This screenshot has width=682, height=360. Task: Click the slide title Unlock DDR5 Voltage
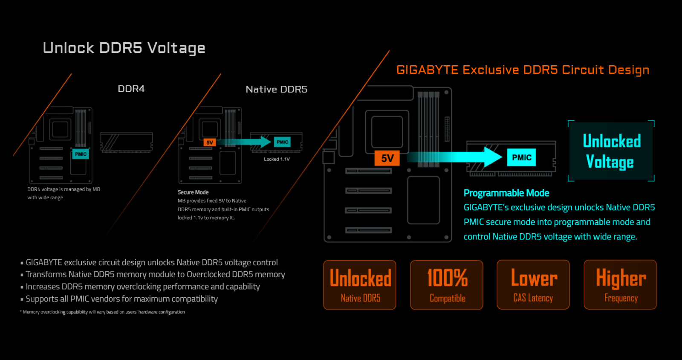coord(124,48)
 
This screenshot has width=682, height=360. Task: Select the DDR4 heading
coord(131,89)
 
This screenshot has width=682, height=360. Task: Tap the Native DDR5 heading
coord(276,90)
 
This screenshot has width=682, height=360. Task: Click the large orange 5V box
coord(387,158)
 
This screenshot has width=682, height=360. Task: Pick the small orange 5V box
coord(209,142)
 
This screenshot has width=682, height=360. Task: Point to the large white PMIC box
coord(521,157)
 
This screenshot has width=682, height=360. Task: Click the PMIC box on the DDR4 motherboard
coord(81,154)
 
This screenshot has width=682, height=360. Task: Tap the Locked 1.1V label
coord(277,159)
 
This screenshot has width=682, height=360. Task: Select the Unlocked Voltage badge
coord(611,151)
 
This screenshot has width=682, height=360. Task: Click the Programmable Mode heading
coord(506,193)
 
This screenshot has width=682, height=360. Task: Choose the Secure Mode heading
coord(193,192)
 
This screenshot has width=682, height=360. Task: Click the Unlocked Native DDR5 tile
coord(360,285)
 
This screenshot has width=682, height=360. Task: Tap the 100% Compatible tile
coord(447,285)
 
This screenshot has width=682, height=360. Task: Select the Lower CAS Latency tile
coord(533,285)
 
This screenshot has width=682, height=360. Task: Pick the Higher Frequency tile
coord(620,285)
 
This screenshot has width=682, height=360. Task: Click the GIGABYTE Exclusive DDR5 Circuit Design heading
coord(523,70)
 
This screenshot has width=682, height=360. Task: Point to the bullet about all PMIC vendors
coord(121,299)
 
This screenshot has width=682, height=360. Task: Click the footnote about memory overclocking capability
coord(104,312)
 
